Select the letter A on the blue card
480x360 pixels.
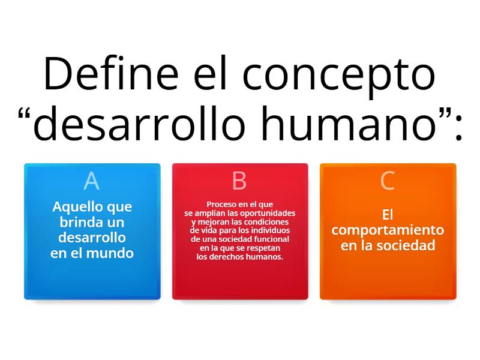(91, 181)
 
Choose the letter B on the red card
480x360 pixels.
(239, 181)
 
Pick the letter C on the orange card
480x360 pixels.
(388, 181)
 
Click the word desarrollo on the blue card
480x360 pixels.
(92, 238)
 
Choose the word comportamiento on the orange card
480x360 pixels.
(388, 230)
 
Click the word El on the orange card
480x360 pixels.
(388, 214)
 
